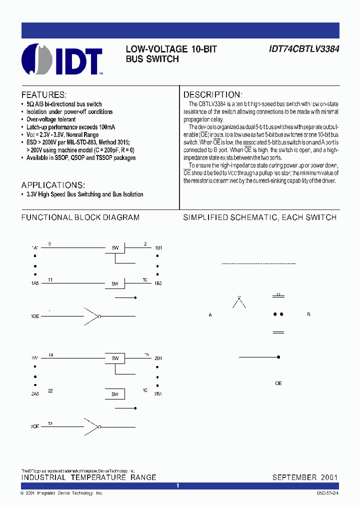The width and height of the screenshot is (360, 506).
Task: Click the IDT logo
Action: click(x=62, y=59)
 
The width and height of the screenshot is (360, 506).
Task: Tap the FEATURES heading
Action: click(x=43, y=95)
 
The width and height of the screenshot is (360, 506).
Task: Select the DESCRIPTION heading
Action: click(x=213, y=95)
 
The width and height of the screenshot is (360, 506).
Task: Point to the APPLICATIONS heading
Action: click(x=53, y=184)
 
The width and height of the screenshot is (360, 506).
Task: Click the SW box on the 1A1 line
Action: click(x=114, y=248)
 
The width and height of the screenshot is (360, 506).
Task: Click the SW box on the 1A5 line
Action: click(x=114, y=283)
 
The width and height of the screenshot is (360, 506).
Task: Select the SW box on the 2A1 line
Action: click(x=114, y=358)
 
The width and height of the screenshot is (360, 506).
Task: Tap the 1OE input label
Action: click(x=35, y=316)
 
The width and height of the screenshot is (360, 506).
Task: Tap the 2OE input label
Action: click(x=35, y=427)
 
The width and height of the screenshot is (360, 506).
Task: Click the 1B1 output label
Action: click(x=158, y=248)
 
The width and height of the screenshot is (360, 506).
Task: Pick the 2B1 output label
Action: click(x=158, y=358)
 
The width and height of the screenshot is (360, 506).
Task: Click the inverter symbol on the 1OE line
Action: click(x=92, y=316)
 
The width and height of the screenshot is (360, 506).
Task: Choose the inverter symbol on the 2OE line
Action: click(x=92, y=427)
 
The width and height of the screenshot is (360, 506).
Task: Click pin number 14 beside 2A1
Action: click(x=50, y=354)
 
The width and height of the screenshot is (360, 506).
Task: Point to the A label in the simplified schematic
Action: click(x=210, y=315)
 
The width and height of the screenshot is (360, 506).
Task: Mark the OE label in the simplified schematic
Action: click(x=278, y=383)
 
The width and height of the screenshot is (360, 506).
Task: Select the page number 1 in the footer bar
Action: click(x=178, y=485)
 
